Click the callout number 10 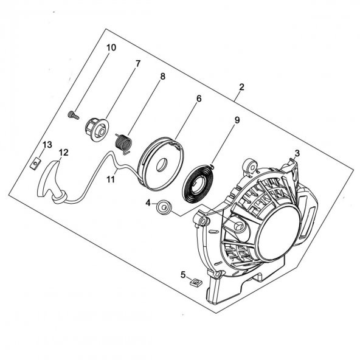tap(111, 47)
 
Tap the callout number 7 tap(138, 63)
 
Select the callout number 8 tap(162, 77)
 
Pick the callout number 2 tap(241, 88)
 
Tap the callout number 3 tap(297, 153)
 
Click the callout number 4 tap(148, 202)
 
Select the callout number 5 tap(182, 275)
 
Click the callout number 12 tap(63, 152)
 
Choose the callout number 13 tap(46, 144)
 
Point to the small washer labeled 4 tap(163, 208)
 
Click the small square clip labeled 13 tap(36, 162)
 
